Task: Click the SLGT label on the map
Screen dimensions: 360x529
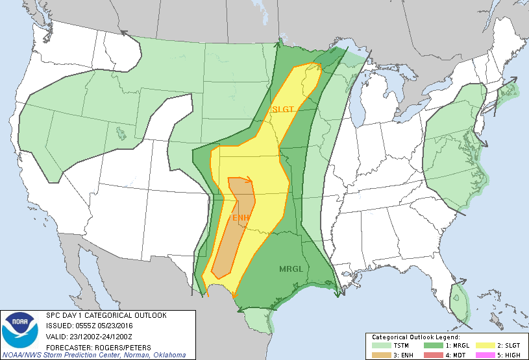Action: [283, 110]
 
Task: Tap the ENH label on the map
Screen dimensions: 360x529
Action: [241, 217]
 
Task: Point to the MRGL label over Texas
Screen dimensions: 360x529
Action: [291, 269]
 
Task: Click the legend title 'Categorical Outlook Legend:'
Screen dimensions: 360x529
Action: [416, 337]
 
